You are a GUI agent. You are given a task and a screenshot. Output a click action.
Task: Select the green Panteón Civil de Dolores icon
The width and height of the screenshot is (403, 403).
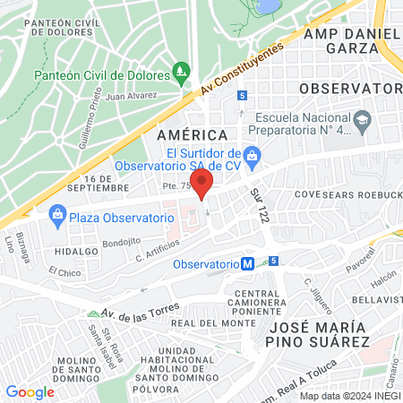tap(182, 70)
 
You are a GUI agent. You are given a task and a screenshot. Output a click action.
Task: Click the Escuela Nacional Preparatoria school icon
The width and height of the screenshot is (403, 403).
tap(362, 119)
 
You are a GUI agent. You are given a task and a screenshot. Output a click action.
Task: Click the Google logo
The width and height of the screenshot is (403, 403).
tap(30, 391)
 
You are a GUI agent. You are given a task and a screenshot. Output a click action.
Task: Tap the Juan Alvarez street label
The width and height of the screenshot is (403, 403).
tap(131, 94)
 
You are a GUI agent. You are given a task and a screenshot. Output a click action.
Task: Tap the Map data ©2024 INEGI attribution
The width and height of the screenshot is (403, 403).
tap(348, 396)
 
